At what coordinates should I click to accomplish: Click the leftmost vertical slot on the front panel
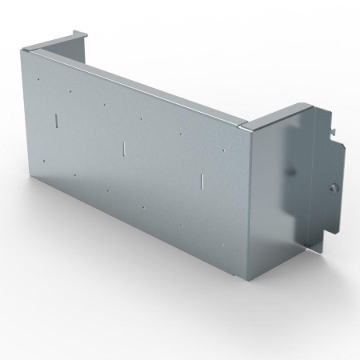click(57, 120)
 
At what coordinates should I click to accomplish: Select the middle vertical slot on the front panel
click(124, 148)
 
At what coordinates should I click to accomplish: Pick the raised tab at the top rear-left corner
click(80, 33)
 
